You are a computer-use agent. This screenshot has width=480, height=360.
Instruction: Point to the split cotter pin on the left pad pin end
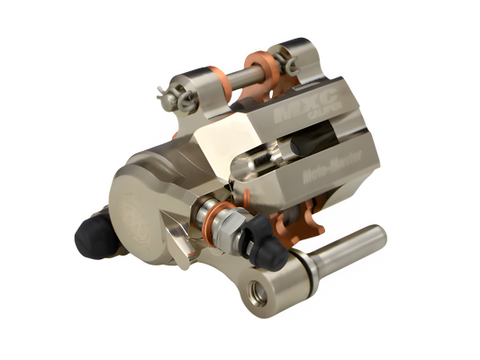pyautogui.click(x=164, y=91)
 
